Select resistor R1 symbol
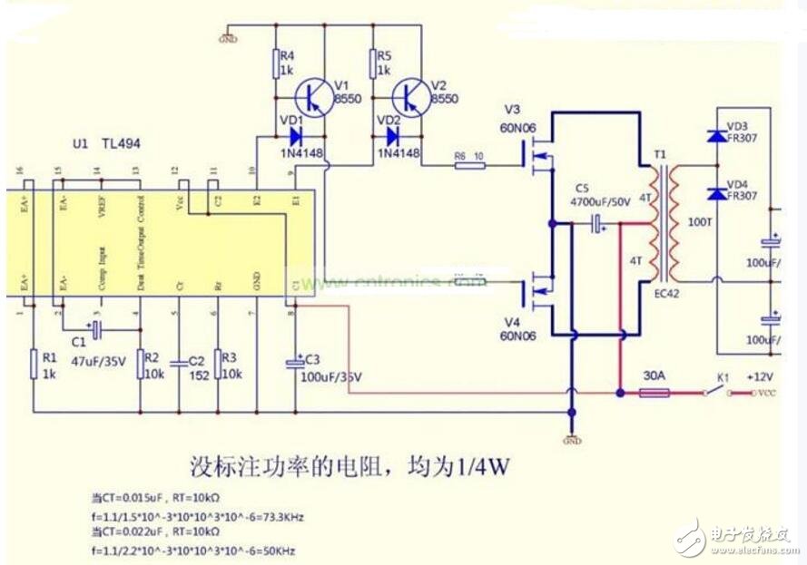(x=33, y=362)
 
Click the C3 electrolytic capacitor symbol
(x=294, y=363)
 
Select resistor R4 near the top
(x=276, y=64)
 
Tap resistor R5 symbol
(x=372, y=64)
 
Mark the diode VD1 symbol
(x=294, y=136)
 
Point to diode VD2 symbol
(x=392, y=136)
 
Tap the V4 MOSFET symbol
(x=537, y=293)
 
